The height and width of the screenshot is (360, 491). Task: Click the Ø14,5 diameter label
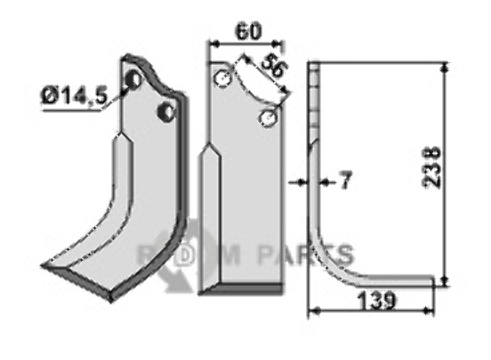pos(74,97)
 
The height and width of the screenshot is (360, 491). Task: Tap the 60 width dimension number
pos(248,32)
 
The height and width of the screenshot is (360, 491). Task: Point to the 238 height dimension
pos(432,168)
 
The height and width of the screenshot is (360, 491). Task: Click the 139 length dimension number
pos(376,300)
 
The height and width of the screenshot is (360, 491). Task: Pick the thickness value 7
pos(345,180)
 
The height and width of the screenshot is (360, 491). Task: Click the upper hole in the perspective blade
pos(134,79)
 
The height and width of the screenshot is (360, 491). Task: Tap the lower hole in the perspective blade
pos(166,111)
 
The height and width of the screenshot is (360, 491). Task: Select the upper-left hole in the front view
pos(222,78)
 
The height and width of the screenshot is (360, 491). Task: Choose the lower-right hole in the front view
pos(268,118)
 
